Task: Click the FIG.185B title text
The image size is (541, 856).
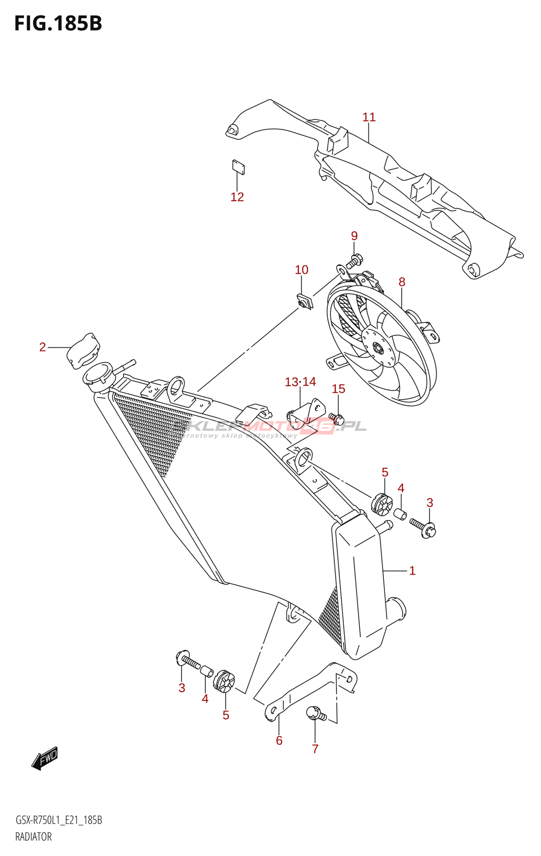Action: tap(58, 24)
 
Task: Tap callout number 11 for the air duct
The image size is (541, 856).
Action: tap(369, 117)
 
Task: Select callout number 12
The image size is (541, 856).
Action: tap(237, 197)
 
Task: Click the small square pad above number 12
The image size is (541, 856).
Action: tap(238, 167)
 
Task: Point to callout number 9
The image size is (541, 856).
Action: tap(354, 236)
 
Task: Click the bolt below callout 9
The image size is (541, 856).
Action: tap(354, 262)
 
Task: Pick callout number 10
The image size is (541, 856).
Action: tap(302, 270)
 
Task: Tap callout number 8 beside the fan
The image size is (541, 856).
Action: tap(401, 282)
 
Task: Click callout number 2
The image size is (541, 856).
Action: tap(43, 347)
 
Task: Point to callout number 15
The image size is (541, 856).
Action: tap(338, 389)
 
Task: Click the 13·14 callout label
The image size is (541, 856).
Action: tap(300, 382)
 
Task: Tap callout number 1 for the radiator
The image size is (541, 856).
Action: tap(412, 571)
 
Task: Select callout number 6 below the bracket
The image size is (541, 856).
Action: tap(279, 740)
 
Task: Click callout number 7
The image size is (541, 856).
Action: tap(315, 749)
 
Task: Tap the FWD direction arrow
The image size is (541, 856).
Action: tap(45, 758)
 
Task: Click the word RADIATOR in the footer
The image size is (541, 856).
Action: tap(33, 837)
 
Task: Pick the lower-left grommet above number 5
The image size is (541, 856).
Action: tap(224, 680)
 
